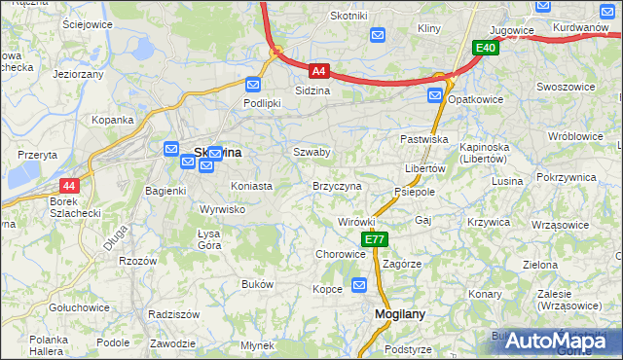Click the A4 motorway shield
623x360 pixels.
pyautogui.click(x=318, y=70)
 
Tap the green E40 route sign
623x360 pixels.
pyautogui.click(x=486, y=47)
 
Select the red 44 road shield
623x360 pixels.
pyautogui.click(x=68, y=185)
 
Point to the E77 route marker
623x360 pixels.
pyautogui.click(x=375, y=239)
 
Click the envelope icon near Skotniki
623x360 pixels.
pyautogui.click(x=380, y=35)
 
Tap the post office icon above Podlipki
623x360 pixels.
pyautogui.click(x=253, y=85)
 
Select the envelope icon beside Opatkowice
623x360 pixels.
pyautogui.click(x=435, y=95)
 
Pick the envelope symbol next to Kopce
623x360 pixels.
pyautogui.click(x=359, y=284)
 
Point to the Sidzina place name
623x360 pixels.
pyautogui.click(x=312, y=90)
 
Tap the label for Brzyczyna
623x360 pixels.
pyautogui.click(x=337, y=186)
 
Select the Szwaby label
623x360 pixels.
pyautogui.click(x=311, y=153)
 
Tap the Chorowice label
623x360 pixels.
pyautogui.click(x=340, y=254)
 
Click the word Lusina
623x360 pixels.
pyautogui.click(x=506, y=182)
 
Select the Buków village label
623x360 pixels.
pyautogui.click(x=257, y=284)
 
